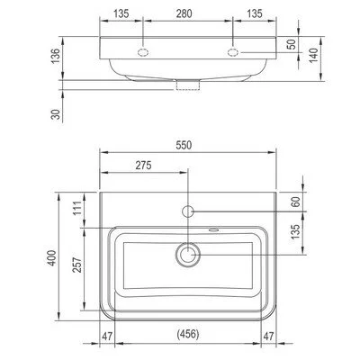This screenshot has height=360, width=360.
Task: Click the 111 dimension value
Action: click(x=76, y=209)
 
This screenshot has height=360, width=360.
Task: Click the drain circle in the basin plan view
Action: click(x=188, y=256)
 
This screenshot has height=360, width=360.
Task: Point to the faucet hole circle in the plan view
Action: click(x=188, y=212)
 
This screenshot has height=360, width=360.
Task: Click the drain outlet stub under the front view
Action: click(x=188, y=85)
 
